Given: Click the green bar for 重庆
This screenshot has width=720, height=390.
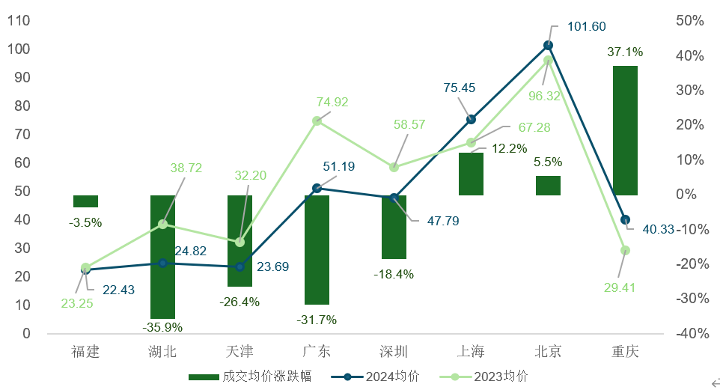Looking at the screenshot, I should [x=625, y=130].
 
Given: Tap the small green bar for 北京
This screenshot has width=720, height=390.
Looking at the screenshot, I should [x=548, y=186].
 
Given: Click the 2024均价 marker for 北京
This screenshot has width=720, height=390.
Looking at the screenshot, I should [x=548, y=46].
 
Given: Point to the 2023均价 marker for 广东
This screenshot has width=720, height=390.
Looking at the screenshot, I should [x=317, y=121].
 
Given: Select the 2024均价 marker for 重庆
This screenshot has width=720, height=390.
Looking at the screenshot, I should [x=625, y=220].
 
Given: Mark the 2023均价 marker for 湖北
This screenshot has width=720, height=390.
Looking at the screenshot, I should [x=163, y=224].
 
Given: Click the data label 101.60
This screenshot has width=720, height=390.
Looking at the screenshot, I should [x=587, y=27].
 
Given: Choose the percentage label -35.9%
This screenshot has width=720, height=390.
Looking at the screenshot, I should [x=162, y=326].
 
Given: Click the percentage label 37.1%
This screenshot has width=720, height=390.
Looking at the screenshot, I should [x=625, y=52].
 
